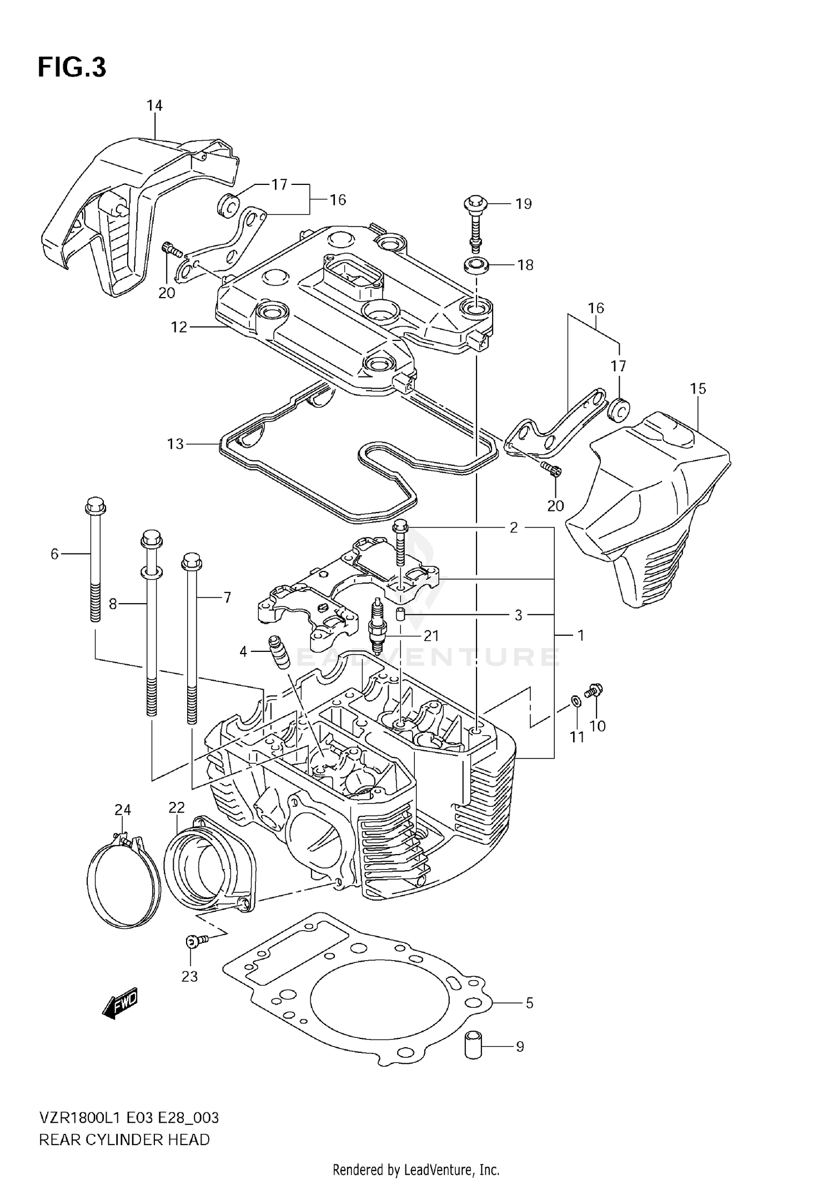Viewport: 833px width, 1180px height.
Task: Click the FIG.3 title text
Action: click(72, 68)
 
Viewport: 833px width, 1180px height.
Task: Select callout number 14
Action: click(154, 106)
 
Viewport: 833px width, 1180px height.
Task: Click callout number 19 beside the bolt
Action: click(523, 204)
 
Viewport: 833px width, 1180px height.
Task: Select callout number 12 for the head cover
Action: click(179, 327)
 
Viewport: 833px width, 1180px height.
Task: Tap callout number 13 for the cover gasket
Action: click(175, 444)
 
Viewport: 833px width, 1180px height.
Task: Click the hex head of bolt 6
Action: click(95, 506)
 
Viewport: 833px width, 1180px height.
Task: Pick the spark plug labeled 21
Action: click(377, 627)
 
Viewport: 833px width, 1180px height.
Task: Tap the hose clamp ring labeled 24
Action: click(123, 878)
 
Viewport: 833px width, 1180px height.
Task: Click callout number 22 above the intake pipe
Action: click(177, 807)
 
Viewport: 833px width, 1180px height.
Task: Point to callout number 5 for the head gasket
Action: click(529, 1003)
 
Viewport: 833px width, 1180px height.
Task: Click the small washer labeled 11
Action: click(576, 701)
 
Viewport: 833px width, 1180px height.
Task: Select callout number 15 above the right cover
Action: click(698, 389)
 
